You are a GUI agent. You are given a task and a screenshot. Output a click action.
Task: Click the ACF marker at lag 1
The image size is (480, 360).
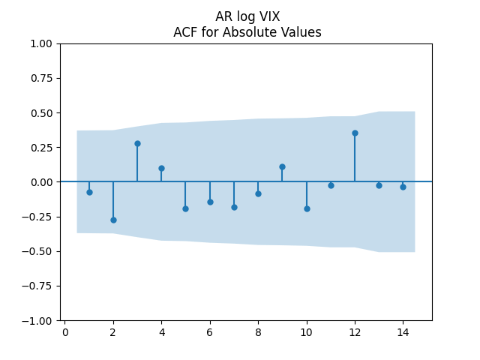tap(89, 192)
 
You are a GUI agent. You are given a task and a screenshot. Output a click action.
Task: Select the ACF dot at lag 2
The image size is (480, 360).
tap(113, 220)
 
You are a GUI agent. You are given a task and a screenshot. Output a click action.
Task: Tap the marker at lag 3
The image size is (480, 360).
tap(137, 143)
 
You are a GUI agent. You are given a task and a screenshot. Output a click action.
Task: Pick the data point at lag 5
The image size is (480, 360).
tap(185, 208)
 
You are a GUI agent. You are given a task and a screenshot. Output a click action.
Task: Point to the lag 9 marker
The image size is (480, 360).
tap(282, 166)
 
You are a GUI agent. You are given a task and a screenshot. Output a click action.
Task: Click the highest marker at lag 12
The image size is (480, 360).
tap(355, 133)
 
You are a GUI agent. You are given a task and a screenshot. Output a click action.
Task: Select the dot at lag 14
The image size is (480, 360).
tap(403, 187)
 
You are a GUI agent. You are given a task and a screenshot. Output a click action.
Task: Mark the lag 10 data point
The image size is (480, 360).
tap(307, 208)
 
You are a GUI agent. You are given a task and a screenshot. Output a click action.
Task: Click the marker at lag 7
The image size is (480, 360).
tap(234, 207)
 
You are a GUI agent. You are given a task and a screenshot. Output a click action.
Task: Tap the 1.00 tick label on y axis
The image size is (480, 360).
tap(42, 43)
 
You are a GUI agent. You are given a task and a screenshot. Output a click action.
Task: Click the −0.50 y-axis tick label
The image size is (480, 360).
tap(39, 251)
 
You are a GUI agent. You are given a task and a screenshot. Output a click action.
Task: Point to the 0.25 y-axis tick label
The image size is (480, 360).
tap(42, 148)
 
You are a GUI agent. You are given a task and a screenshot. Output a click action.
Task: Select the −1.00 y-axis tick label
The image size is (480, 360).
tap(39, 320)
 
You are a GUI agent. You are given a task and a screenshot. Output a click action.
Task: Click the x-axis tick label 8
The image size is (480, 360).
tap(258, 332)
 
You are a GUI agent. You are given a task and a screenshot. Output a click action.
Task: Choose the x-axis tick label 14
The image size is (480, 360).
tap(403, 332)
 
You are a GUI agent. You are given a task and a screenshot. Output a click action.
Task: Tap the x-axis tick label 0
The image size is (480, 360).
tap(65, 332)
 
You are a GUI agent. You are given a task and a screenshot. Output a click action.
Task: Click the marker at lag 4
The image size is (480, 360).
tap(161, 168)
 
